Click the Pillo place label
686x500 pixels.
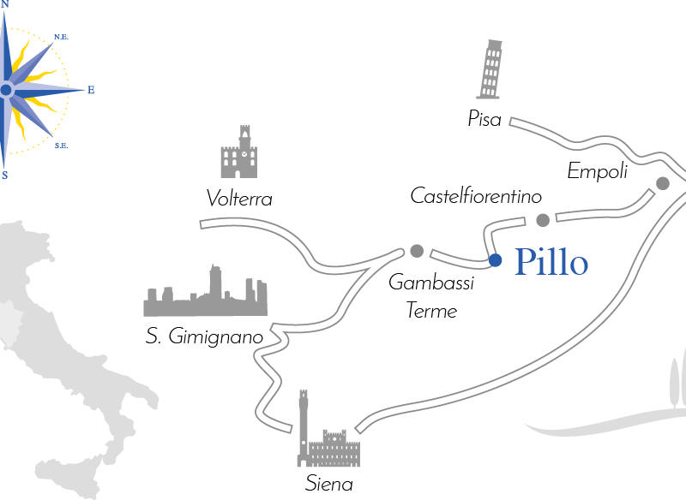[x=551, y=262]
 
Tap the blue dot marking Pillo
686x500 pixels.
[x=495, y=260]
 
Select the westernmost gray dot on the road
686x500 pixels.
[x=417, y=251]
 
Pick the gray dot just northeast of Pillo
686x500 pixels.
[x=542, y=220]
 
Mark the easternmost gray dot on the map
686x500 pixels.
[x=662, y=182]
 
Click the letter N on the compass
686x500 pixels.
[x=5, y=4]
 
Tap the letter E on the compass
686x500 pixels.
[x=92, y=90]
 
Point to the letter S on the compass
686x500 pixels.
[x=5, y=176]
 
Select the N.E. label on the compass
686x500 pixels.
[x=61, y=37]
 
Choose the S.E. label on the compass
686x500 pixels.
[x=61, y=146]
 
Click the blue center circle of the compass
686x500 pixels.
[x=6, y=90]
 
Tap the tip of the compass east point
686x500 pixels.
[x=83, y=90]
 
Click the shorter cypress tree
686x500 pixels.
[x=674, y=382]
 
